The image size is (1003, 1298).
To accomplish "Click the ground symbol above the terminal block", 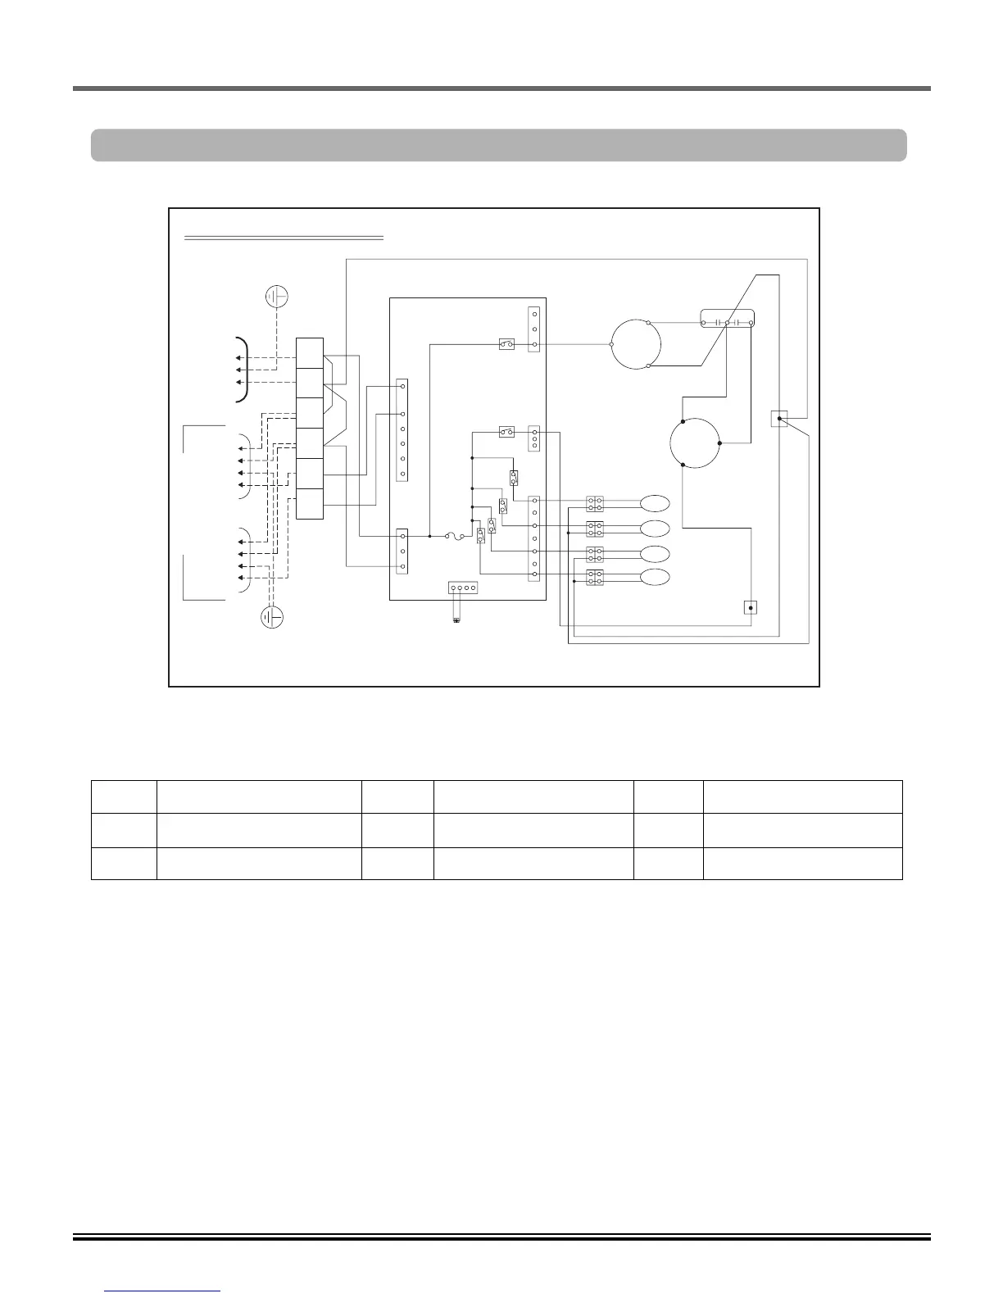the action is pyautogui.click(x=276, y=296).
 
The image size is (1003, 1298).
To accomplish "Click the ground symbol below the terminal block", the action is pyautogui.click(x=272, y=616).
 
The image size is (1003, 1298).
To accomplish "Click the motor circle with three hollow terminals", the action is pyautogui.click(x=635, y=344).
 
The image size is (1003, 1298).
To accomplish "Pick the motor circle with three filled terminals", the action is pyautogui.click(x=695, y=443).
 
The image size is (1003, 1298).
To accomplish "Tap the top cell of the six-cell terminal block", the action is pyautogui.click(x=310, y=353).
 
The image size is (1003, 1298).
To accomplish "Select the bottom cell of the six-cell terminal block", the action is pyautogui.click(x=310, y=503).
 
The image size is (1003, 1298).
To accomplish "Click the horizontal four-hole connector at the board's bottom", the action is pyautogui.click(x=463, y=588).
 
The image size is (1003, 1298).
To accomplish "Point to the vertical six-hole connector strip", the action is pyautogui.click(x=402, y=429).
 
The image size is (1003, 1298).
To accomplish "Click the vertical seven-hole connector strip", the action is pyautogui.click(x=534, y=537).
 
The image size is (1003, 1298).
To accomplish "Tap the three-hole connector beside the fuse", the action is pyautogui.click(x=402, y=551).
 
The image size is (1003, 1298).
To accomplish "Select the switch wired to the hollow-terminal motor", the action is pyautogui.click(x=506, y=345).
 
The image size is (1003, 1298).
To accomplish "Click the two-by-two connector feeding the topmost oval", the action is pyautogui.click(x=595, y=503).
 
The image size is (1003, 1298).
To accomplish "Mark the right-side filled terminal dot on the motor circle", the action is pyautogui.click(x=719, y=443).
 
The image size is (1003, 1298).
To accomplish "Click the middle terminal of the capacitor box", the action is pyautogui.click(x=728, y=323).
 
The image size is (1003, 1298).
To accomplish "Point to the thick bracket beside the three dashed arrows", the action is pyautogui.click(x=242, y=370).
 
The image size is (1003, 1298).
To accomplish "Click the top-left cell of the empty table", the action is pyautogui.click(x=124, y=796).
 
